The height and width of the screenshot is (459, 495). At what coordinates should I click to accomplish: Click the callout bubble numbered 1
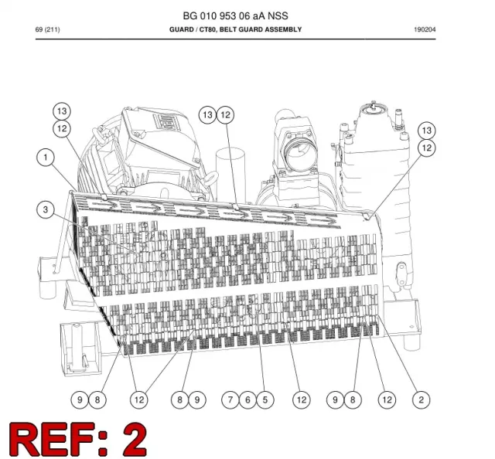coord(46,158)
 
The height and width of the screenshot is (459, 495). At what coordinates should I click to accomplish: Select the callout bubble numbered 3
coord(46,209)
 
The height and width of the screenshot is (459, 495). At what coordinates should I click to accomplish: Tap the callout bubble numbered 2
coord(422,399)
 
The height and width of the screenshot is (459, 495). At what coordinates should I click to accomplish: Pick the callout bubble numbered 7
coord(230,399)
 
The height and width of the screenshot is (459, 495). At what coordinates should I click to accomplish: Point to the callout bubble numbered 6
coord(247,399)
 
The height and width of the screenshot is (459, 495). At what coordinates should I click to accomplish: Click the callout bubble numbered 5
coord(265,399)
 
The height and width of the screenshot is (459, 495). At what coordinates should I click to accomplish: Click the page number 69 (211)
coord(47,29)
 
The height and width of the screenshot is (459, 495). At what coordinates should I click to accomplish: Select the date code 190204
coord(425,29)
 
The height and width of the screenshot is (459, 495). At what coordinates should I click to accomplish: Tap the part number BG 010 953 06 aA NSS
coord(235,15)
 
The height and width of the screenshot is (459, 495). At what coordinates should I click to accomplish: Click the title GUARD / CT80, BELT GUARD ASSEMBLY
coord(235,29)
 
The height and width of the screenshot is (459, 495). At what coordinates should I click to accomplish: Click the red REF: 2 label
coord(78,438)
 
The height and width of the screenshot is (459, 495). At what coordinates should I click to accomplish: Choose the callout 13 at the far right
coord(426,131)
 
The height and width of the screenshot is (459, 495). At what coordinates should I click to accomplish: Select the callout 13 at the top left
coord(62,111)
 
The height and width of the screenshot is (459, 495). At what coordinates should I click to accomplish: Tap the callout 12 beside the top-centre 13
coord(225,115)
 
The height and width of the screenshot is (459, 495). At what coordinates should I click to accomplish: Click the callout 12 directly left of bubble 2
coord(387,399)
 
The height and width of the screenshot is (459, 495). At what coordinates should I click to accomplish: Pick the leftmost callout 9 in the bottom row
coord(80,399)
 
